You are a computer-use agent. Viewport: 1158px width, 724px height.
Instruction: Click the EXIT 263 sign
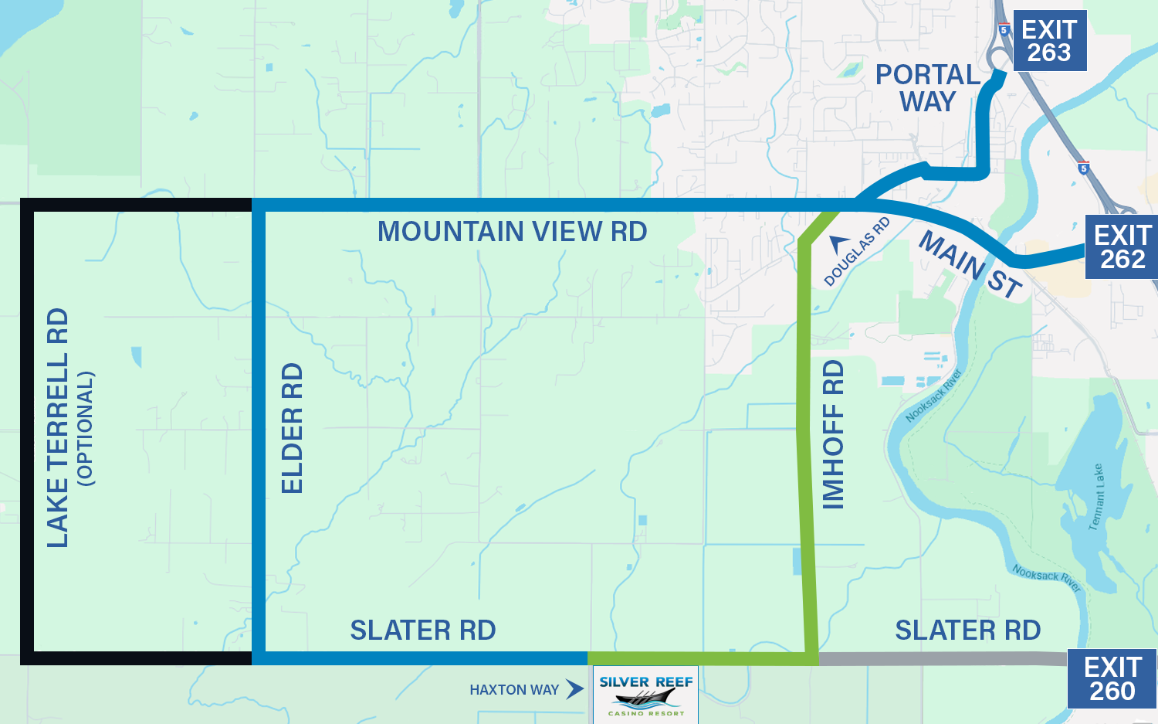(1049, 41)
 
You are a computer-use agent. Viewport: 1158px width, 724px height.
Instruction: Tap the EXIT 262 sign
(1123, 247)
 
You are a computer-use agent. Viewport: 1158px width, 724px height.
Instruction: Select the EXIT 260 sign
(1112, 678)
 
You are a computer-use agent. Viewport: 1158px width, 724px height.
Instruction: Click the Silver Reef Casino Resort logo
(645, 695)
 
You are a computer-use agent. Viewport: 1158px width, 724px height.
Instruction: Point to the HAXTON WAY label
(514, 690)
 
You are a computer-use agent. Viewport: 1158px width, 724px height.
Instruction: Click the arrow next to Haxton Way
(574, 688)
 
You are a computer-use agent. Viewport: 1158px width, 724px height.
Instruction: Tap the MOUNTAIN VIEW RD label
(512, 232)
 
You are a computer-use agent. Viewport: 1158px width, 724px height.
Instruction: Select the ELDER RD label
(293, 428)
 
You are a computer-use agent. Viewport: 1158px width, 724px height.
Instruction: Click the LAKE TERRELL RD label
(58, 428)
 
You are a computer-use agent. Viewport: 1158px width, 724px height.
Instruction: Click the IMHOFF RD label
(834, 434)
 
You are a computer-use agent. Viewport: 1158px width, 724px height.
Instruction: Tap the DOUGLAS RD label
(858, 251)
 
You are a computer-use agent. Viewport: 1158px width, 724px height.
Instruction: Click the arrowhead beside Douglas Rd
(838, 244)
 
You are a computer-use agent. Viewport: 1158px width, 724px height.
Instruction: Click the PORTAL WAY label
(928, 88)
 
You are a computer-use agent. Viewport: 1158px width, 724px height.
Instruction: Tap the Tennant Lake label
(1096, 498)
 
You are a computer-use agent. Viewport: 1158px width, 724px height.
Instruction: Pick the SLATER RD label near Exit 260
(967, 631)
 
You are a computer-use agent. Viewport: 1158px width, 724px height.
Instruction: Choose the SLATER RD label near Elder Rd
(423, 631)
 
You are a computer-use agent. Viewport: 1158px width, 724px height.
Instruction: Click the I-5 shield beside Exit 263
(1004, 30)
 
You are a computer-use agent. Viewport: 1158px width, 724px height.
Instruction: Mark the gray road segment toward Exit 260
(942, 658)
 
